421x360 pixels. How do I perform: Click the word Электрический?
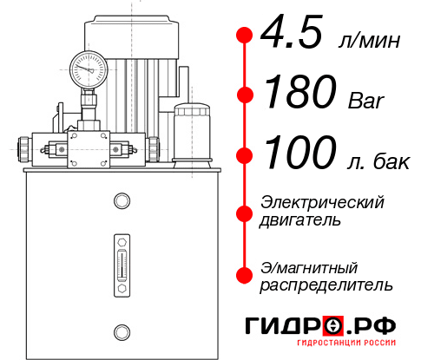coord(322,202)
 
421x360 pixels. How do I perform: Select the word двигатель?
coord(300,220)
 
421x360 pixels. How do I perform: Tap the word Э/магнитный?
coord(309,266)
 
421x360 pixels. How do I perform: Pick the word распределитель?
coord(326,285)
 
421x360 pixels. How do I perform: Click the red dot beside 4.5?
coord(245,34)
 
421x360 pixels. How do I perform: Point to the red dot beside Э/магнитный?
coord(245,274)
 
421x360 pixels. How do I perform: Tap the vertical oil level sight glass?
coord(121,261)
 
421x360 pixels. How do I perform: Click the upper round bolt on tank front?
coord(121,201)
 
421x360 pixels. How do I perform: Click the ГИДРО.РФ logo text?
coord(321,327)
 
